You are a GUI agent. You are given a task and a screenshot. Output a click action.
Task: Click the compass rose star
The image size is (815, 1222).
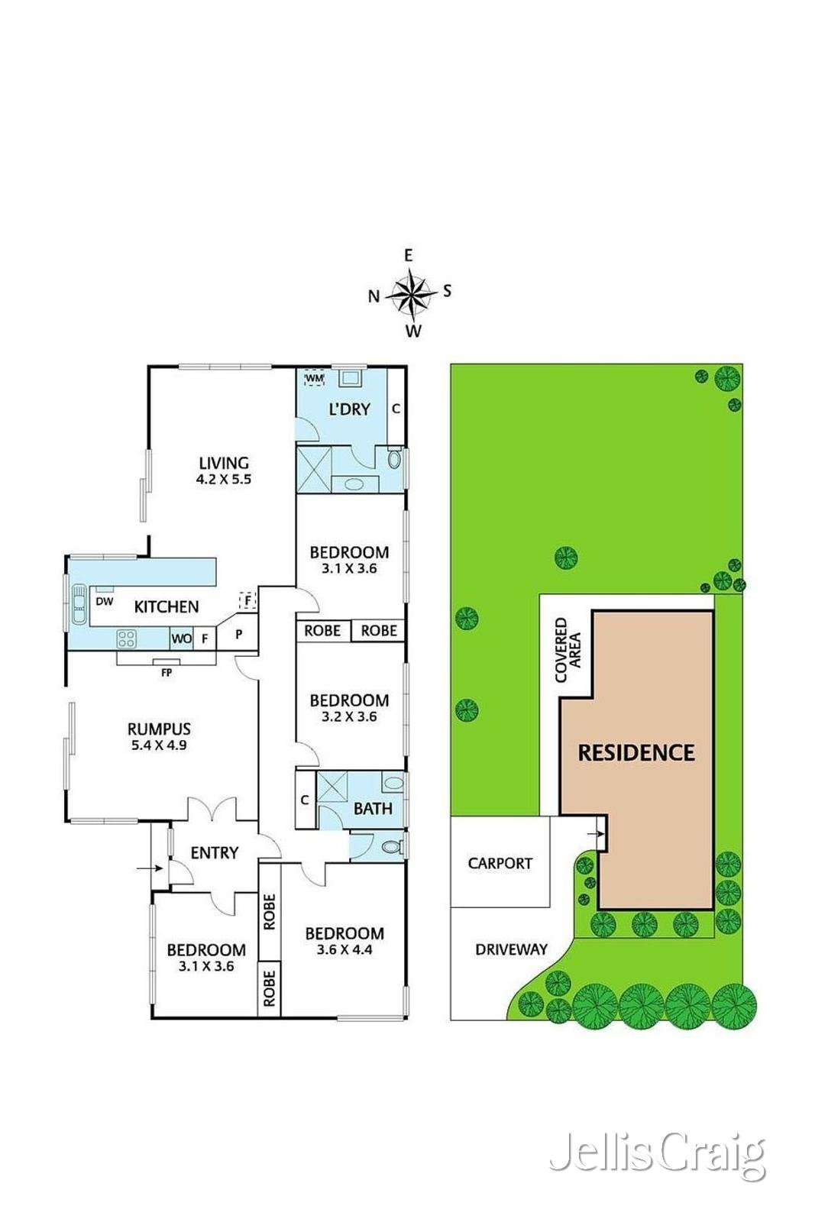pos(411,295)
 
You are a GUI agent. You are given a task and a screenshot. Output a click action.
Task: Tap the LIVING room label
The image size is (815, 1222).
pos(224,463)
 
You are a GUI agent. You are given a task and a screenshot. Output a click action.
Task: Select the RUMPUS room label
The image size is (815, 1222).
pos(160,729)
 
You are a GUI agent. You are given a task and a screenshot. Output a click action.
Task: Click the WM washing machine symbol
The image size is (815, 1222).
pos(314,378)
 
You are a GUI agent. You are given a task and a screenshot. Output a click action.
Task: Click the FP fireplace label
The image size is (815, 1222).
pos(167,673)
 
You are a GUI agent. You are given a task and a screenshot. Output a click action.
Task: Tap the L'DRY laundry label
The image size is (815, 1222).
pos(350,409)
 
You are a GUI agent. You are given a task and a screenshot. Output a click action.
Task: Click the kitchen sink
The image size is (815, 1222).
pos(79,604)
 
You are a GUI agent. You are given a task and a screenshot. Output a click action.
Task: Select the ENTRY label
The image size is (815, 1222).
pos(215,852)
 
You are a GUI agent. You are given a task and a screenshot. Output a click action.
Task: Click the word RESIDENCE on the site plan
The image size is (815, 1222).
pos(636,753)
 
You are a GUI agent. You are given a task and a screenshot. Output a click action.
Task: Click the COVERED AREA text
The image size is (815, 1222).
pos(568,650)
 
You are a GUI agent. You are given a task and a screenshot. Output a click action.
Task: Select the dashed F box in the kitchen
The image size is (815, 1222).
pos(248,600)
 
